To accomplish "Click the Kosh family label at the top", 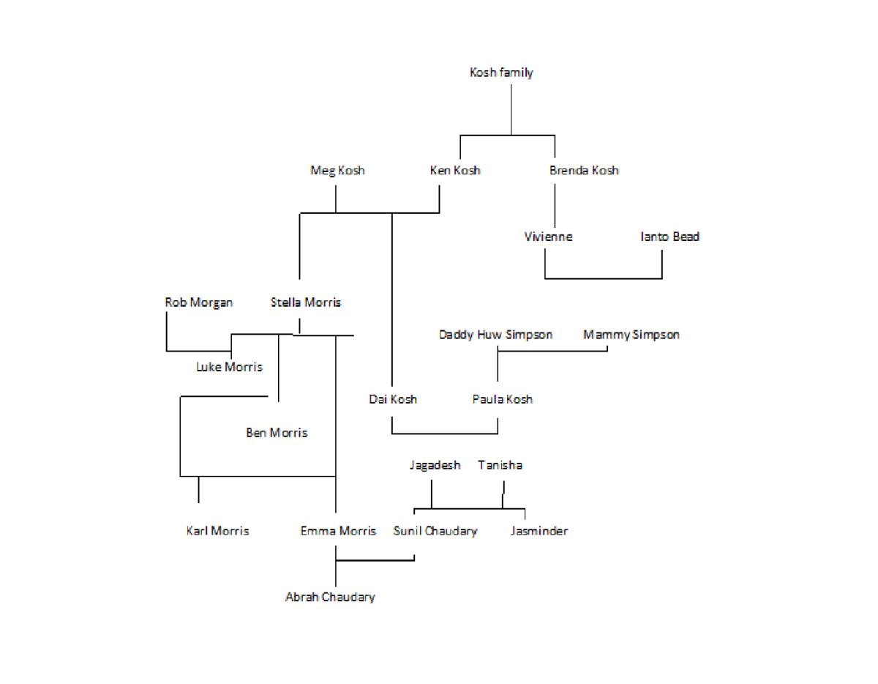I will click(x=501, y=73).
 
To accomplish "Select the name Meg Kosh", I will click(x=337, y=171).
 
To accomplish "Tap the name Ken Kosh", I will click(x=455, y=171).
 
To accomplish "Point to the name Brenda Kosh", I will click(x=584, y=171).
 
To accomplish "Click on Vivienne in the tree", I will click(x=548, y=237).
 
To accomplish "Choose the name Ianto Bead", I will click(x=670, y=237).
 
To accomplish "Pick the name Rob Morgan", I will click(x=199, y=302).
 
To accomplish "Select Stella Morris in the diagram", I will click(x=305, y=302).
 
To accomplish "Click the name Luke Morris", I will click(x=229, y=367).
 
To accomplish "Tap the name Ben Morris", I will click(x=277, y=433).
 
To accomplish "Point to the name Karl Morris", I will click(x=217, y=531).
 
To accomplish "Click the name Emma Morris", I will click(x=338, y=531).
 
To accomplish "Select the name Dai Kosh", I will click(x=393, y=399).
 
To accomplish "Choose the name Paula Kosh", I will click(x=502, y=399).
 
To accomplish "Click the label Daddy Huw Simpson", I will click(x=495, y=335).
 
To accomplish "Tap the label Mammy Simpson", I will click(x=631, y=335).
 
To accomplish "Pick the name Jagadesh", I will click(x=435, y=465).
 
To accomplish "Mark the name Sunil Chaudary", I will click(x=435, y=531).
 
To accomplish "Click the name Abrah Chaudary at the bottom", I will click(x=330, y=597).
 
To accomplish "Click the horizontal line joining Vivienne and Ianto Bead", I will click(x=604, y=278).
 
